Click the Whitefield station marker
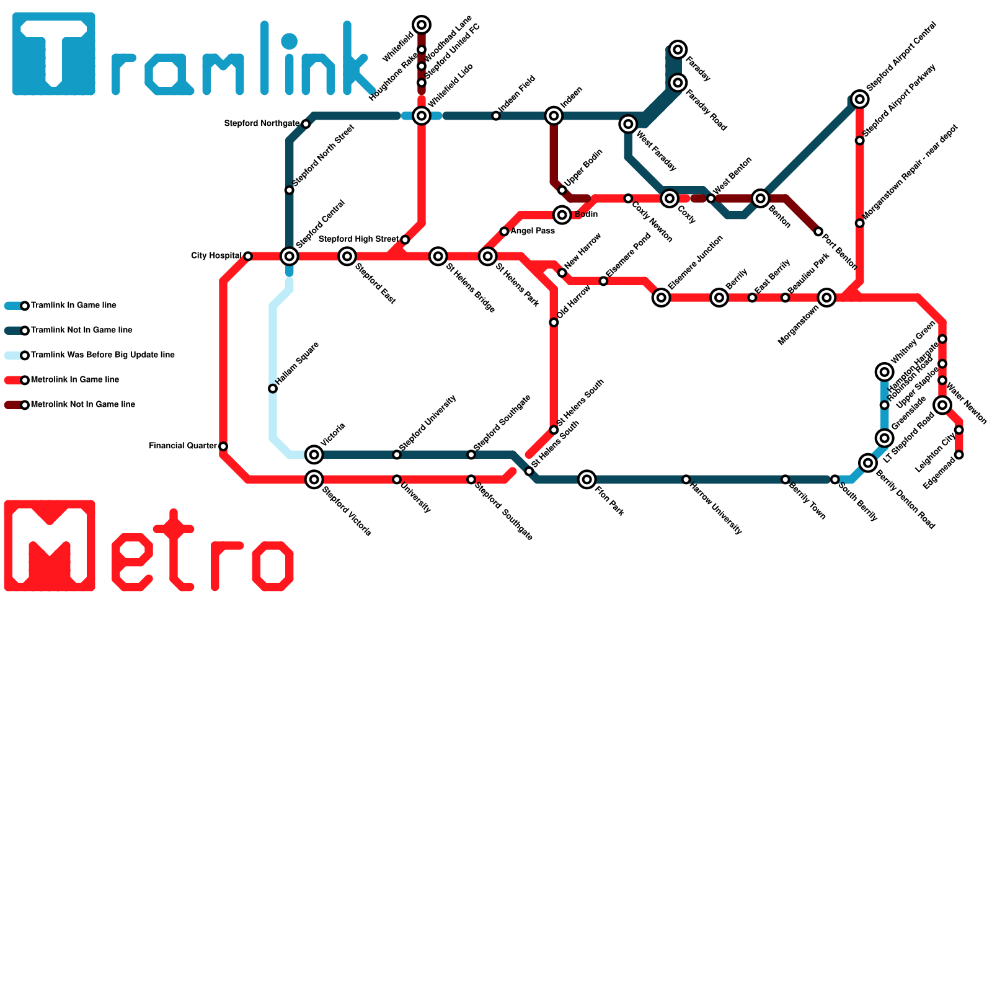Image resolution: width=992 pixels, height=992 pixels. (x=422, y=25)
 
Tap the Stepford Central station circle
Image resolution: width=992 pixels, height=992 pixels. (x=290, y=256)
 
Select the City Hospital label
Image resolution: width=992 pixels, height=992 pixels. (x=216, y=256)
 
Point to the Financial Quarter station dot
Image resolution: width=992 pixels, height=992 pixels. (x=223, y=446)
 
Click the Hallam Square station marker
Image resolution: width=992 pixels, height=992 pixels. (x=273, y=389)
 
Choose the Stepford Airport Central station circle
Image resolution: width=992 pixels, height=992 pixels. (x=859, y=99)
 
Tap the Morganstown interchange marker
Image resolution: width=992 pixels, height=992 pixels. (x=826, y=298)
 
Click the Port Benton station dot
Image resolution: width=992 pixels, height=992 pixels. (x=818, y=232)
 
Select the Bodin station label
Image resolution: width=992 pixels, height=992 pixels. (x=586, y=215)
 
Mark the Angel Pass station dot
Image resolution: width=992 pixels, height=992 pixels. (x=504, y=232)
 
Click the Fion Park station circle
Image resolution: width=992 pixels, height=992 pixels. (x=587, y=479)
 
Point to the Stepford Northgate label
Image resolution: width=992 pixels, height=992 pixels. (x=262, y=124)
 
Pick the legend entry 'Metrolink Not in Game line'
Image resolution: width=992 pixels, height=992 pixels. (x=82, y=405)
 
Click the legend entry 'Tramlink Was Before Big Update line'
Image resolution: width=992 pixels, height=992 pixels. (x=102, y=355)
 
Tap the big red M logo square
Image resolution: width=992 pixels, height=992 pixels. (x=50, y=546)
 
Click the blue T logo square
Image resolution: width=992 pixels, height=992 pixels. (x=54, y=54)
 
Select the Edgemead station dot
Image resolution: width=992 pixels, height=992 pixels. (x=959, y=455)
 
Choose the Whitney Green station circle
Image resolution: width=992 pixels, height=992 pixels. (x=885, y=372)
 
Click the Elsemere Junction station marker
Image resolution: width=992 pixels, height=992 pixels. (x=662, y=298)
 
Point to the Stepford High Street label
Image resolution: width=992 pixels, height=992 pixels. (x=358, y=239)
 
